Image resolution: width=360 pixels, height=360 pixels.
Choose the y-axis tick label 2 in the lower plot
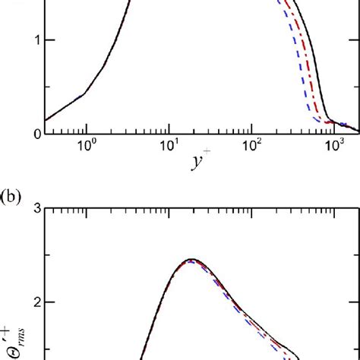tap(27, 302)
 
